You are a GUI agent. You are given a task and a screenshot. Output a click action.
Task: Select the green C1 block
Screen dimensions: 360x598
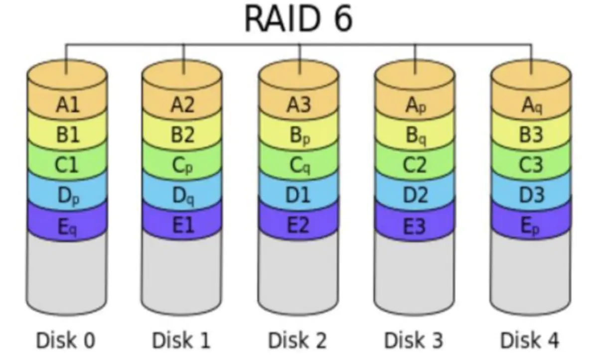(x=67, y=165)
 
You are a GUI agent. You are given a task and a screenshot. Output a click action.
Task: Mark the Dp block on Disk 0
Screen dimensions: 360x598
(x=67, y=196)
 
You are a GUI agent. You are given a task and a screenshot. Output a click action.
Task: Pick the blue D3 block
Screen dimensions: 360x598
(x=531, y=195)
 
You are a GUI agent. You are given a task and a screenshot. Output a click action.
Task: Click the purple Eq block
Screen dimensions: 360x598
(x=67, y=227)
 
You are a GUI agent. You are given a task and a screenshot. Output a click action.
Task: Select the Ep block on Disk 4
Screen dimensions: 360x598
(x=531, y=227)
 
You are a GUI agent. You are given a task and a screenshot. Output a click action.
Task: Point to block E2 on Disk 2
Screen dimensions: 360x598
(x=299, y=226)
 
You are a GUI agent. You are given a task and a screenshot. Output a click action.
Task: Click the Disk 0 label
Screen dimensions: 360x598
(x=66, y=341)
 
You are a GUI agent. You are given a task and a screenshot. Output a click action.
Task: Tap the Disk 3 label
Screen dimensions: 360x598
(x=414, y=341)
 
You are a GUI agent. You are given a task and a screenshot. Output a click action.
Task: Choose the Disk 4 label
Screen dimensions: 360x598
(x=530, y=341)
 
